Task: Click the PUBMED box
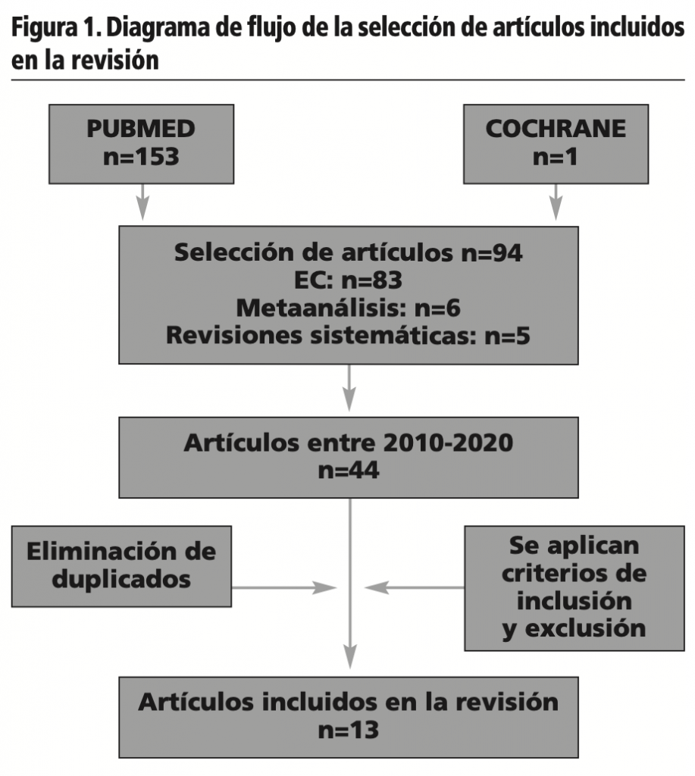pos(141,142)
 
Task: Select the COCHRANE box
pos(556,142)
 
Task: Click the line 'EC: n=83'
pos(348,280)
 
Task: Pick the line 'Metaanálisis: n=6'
pos(348,308)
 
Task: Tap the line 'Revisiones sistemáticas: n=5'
pos(348,335)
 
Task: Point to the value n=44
pos(348,471)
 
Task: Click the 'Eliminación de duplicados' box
pos(121,565)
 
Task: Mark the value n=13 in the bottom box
pos(348,731)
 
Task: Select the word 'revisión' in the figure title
pos(114,60)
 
